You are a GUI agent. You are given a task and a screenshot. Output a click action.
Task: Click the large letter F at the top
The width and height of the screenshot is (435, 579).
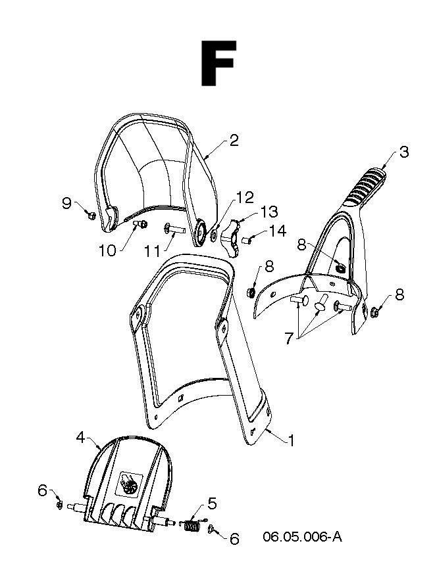218,63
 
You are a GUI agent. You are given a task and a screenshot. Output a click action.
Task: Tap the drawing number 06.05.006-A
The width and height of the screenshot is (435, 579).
302,536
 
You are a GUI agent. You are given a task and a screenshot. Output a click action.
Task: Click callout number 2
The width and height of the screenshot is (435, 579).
234,141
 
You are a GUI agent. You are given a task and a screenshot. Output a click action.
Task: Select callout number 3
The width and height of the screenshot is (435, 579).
404,152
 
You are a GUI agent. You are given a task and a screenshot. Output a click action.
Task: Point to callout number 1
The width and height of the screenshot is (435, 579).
292,440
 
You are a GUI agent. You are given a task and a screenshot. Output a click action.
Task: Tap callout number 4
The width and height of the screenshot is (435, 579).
81,438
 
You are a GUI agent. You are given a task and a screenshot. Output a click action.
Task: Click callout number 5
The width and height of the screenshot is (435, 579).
213,503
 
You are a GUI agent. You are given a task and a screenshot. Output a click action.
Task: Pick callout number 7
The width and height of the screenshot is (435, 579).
288,338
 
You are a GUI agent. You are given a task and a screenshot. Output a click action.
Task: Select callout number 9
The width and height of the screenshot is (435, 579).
66,203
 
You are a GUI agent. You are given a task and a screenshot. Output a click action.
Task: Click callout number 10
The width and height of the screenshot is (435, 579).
108,251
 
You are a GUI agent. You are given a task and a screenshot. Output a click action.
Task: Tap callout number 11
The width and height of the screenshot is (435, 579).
152,252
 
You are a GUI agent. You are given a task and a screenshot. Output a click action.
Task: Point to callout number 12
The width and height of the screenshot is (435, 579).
245,197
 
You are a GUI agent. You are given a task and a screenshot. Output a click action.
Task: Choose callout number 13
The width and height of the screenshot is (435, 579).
269,212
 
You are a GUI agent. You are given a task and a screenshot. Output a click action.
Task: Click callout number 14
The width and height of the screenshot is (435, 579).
277,231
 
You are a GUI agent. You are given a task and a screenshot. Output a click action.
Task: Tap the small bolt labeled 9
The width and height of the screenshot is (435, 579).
91,214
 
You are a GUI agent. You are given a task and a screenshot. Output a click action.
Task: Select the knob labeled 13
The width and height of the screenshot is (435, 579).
230,237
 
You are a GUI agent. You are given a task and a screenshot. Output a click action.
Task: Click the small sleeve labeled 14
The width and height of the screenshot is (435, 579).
247,241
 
